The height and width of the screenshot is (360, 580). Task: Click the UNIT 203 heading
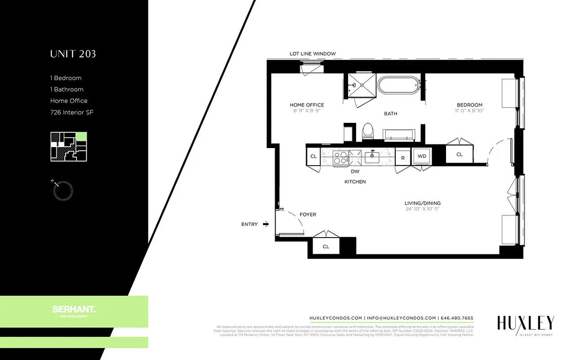point(73,54)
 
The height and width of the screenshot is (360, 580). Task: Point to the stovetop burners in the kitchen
point(340,157)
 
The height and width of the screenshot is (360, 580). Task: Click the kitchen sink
point(372,157)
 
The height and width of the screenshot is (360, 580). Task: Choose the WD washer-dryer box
point(422,157)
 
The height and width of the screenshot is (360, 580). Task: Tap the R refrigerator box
point(402,157)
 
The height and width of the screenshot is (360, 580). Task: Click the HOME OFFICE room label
point(307,105)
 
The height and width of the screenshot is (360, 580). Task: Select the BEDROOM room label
point(469,105)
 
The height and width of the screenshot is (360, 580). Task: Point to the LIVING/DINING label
point(422,203)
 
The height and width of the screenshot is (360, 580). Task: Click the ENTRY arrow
point(266,224)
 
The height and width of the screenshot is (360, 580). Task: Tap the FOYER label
point(308,215)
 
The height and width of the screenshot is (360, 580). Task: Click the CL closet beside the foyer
point(326,247)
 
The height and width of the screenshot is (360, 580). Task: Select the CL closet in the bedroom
point(459,154)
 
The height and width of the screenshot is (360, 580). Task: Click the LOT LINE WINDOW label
point(312,54)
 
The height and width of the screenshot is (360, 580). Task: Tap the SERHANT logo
point(74,310)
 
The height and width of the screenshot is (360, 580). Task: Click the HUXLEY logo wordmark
point(525,323)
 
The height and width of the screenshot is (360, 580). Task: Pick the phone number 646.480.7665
point(457,318)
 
